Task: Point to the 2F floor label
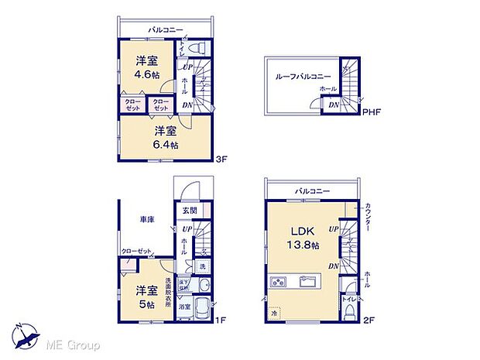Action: pos(369,319)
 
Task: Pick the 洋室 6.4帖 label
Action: pos(165,136)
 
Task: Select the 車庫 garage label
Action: pos(147,221)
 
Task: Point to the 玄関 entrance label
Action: pos(190,210)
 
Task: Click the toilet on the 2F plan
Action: pos(350,310)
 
